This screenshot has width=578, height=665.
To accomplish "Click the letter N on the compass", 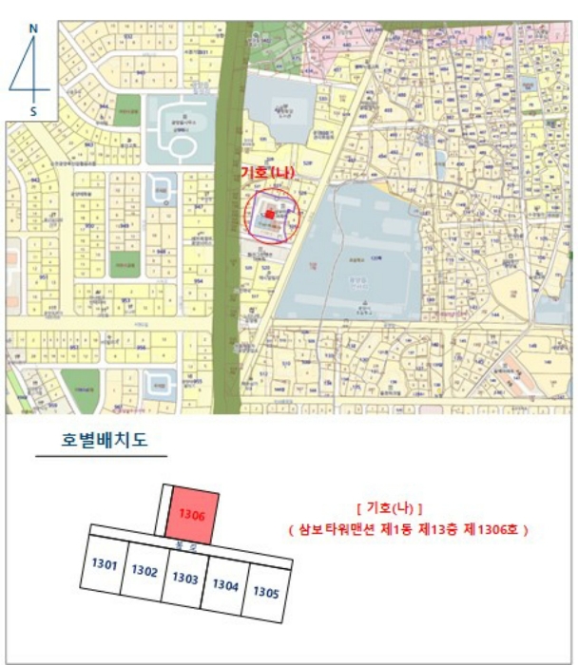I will coord(33,28).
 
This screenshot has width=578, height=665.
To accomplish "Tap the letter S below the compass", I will coord(33,111).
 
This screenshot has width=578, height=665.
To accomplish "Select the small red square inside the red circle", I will coord(270,215).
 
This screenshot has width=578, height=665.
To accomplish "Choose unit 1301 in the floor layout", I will coord(105,565).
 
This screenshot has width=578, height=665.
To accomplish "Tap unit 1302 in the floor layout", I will coord(144,571).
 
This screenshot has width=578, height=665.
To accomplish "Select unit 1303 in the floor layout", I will coord(184,578).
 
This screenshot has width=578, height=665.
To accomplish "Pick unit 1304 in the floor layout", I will coord(225,584).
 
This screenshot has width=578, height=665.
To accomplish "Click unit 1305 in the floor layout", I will coord(265,591).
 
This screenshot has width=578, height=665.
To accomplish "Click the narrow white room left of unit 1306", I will coord(164,509).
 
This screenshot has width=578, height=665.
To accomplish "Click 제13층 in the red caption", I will coord(428,529).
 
